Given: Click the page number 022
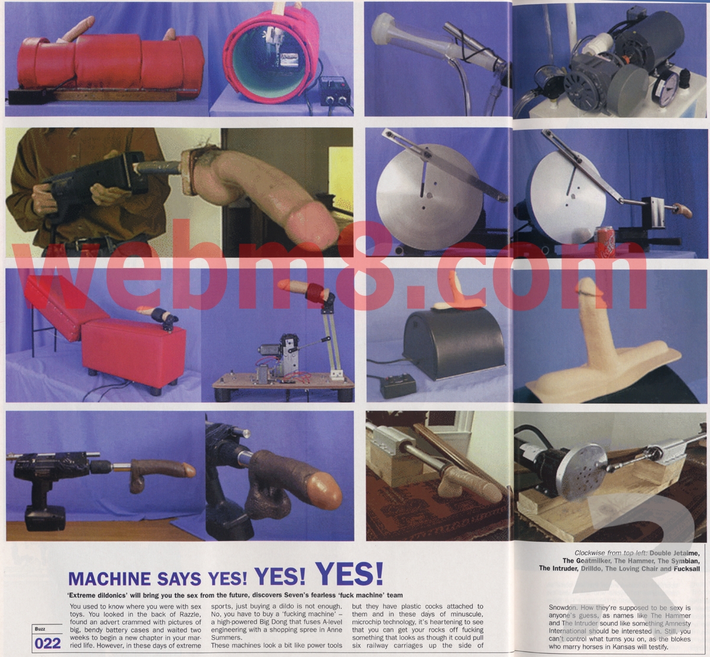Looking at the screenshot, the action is (47, 643).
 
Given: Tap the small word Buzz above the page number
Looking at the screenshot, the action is (40, 629).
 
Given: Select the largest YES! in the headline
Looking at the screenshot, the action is (349, 574).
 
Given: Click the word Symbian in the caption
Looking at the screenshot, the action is (686, 561).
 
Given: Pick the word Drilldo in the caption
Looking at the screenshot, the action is (591, 569).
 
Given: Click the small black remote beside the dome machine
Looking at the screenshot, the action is (398, 387).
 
